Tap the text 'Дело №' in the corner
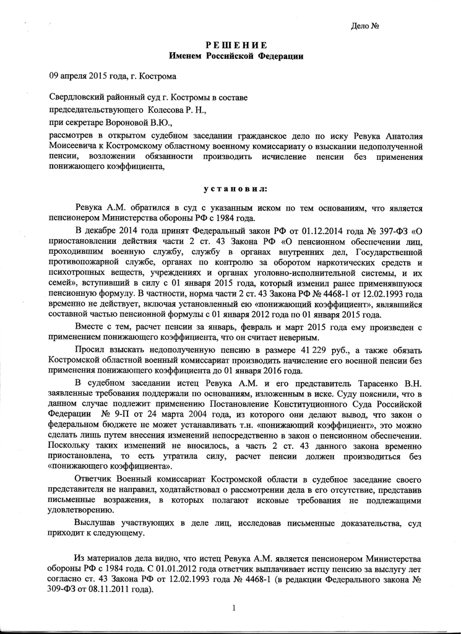click(x=364, y=26)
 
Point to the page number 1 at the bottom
click(x=235, y=609)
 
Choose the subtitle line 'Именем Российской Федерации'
click(x=236, y=56)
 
